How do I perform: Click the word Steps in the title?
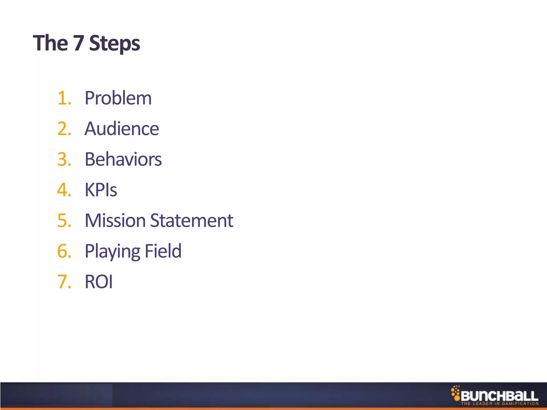coord(114,44)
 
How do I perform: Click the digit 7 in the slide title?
coord(79,43)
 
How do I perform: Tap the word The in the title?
coord(50,43)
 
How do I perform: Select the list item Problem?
coord(118,98)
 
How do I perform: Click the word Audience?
coord(122,129)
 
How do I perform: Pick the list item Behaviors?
coord(123,159)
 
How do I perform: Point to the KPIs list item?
coord(101,190)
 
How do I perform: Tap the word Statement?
coord(192,221)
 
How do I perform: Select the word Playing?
coord(112,251)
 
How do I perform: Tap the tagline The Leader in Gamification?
coord(500,404)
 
